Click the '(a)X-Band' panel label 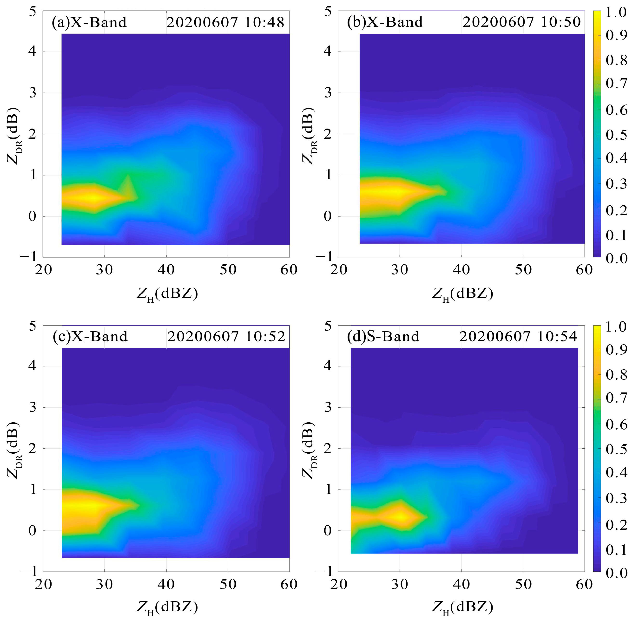click(x=89, y=22)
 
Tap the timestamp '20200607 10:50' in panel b click(x=521, y=22)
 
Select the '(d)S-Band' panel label click(x=383, y=336)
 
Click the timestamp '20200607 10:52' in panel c click(x=226, y=336)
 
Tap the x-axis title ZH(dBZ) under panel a click(x=167, y=294)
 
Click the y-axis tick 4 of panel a click(x=32, y=52)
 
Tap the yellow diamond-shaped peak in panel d click(x=401, y=516)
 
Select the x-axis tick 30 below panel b click(x=400, y=270)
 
